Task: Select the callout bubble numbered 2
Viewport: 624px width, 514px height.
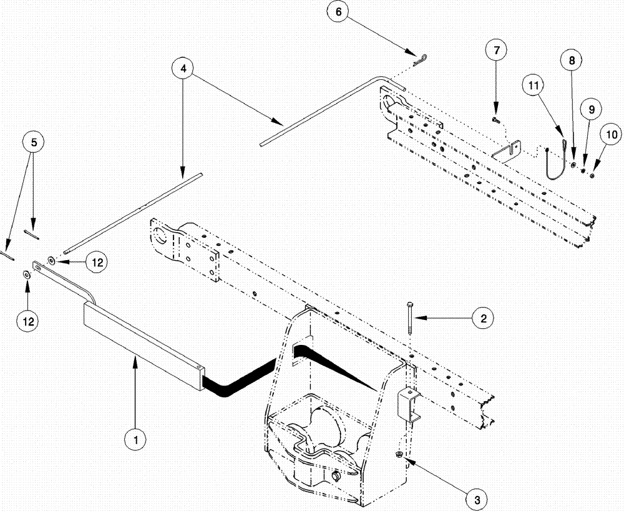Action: coord(482,318)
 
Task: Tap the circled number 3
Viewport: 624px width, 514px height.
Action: coord(476,499)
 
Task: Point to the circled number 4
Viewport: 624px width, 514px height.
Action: coord(182,67)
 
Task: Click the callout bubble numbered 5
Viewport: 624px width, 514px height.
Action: coord(34,143)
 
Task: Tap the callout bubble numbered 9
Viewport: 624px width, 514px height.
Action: coord(591,109)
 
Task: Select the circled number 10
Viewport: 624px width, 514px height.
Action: coord(611,133)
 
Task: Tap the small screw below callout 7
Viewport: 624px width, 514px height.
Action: coord(495,117)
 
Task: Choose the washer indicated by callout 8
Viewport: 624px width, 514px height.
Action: coord(573,165)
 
